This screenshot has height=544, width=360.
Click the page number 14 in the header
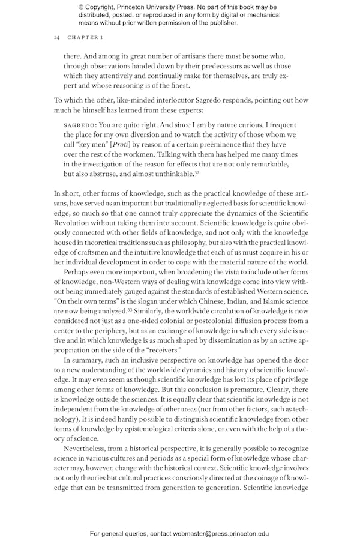tap(56, 37)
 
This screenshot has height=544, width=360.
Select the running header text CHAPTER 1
tap(85, 37)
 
